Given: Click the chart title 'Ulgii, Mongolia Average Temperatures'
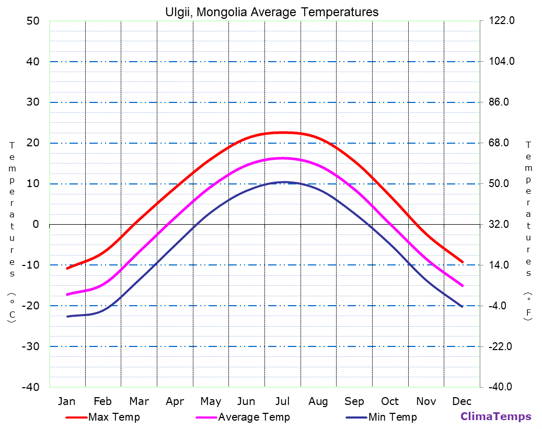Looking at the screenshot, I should point(271,11).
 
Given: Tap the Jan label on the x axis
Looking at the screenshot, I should point(66,401).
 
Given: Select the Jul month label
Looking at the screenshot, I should point(282,401).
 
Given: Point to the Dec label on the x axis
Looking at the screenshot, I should point(462,401).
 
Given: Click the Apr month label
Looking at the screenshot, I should point(175,401).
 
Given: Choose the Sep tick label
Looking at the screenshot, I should point(354,401).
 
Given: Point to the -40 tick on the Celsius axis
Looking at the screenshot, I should point(30,387).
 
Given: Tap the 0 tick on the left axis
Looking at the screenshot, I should point(36,224).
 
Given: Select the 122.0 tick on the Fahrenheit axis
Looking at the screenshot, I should point(502,21).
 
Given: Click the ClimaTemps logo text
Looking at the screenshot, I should point(495,417).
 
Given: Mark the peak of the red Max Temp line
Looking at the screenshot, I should point(283,132).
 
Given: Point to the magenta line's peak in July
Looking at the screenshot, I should point(283,158).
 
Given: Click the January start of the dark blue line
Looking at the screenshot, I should point(67,316).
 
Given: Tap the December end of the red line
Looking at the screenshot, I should point(463,262).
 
